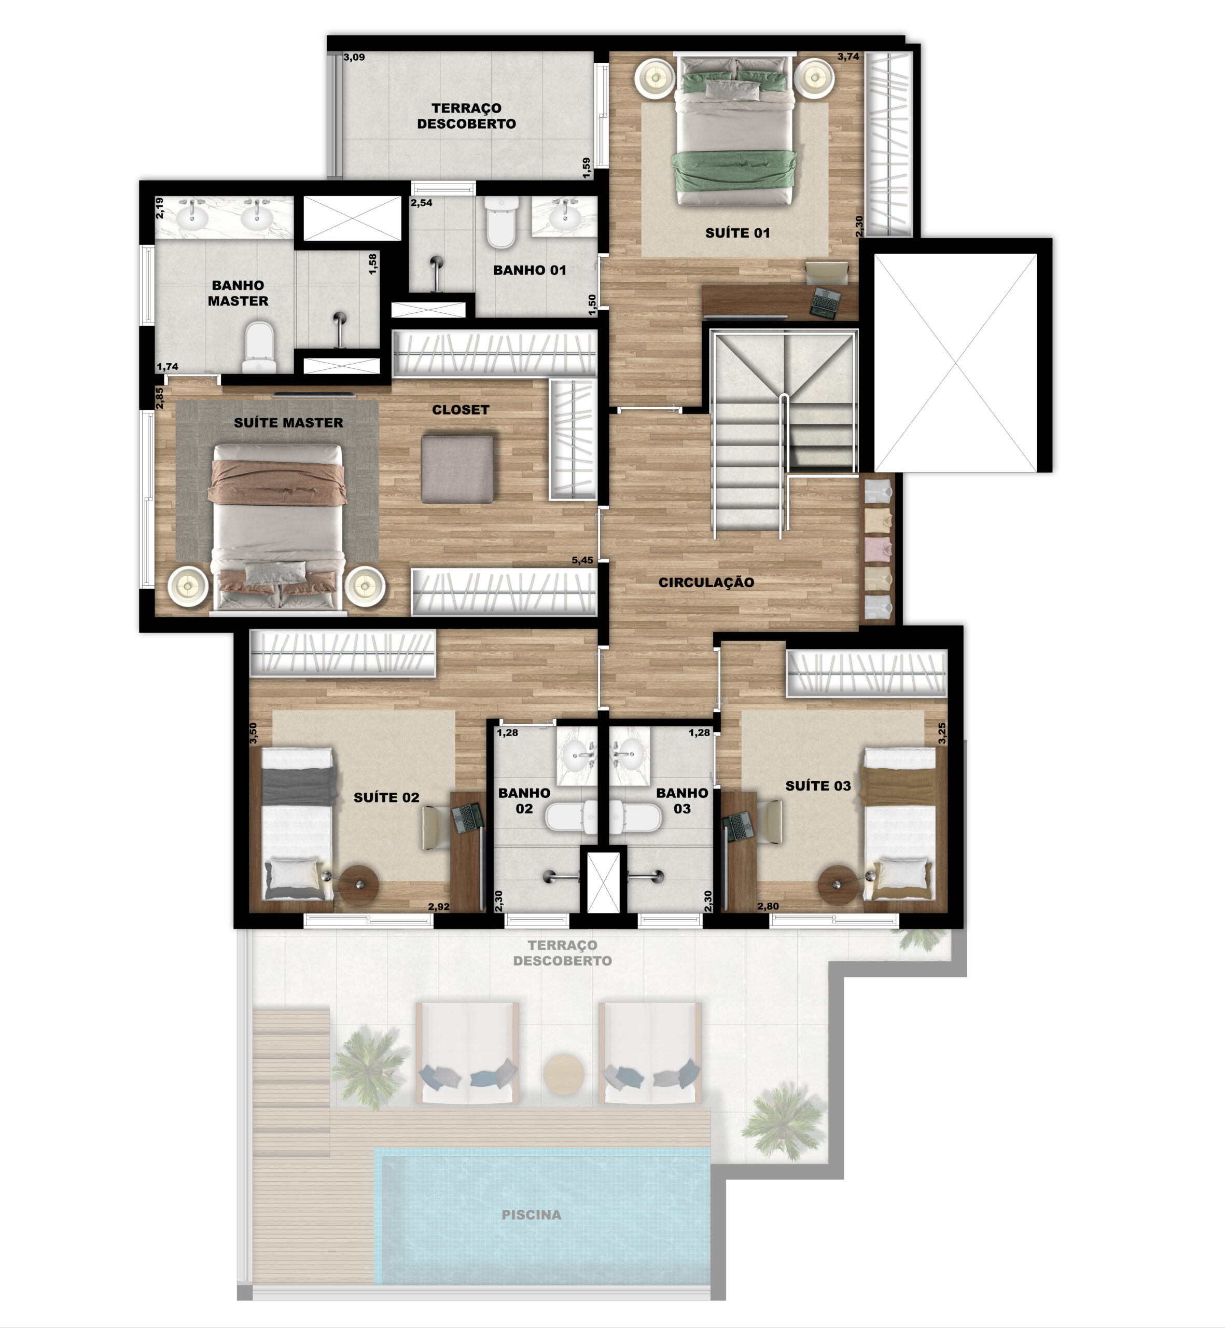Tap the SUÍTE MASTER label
(288, 422)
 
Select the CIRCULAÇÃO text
(706, 582)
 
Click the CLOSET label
(461, 410)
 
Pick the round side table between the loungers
(564, 1073)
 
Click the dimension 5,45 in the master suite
(582, 560)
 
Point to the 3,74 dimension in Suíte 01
(848, 57)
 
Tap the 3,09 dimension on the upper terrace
(354, 57)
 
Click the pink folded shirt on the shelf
(879, 548)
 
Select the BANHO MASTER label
(238, 293)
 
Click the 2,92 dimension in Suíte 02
(439, 906)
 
